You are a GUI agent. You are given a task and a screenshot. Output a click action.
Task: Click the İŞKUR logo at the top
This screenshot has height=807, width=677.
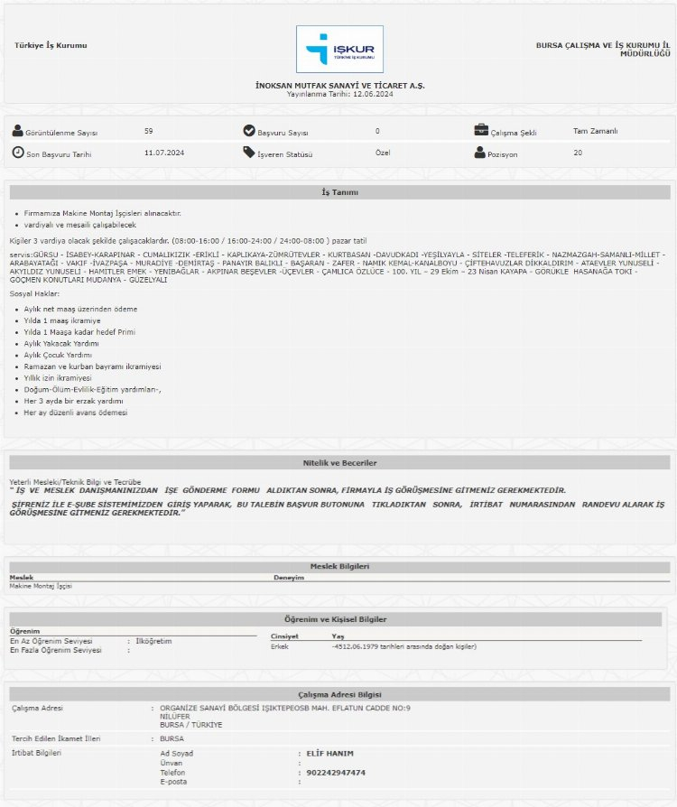[x=339, y=49]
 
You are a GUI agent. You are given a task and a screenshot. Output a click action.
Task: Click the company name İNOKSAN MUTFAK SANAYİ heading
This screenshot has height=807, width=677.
[x=339, y=85]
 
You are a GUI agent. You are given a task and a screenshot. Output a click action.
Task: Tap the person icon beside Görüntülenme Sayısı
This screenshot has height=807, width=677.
[x=17, y=131]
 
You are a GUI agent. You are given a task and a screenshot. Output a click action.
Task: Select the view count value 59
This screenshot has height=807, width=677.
[x=149, y=131]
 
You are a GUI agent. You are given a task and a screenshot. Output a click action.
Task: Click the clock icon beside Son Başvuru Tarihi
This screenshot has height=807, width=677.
[x=17, y=153]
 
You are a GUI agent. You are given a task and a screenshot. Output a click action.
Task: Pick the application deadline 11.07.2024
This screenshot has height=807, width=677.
[x=164, y=153]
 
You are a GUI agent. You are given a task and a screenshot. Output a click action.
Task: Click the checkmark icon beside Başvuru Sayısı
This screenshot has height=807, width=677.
[x=249, y=131]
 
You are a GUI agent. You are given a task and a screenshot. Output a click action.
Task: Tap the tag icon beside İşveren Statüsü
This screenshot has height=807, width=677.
[x=249, y=153]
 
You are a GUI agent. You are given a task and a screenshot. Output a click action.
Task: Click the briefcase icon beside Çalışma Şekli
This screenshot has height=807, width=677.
[x=481, y=131]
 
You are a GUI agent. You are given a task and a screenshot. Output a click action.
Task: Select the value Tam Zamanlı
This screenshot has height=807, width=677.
[x=596, y=131]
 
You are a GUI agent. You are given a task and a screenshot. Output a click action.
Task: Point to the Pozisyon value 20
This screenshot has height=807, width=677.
[x=578, y=153]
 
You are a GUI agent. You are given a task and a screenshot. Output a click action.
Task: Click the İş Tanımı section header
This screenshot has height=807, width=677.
[x=339, y=192]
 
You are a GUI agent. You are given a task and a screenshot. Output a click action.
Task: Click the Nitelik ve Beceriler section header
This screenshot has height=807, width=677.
[x=339, y=463]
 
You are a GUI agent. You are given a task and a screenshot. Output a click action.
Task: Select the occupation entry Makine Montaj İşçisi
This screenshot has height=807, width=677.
[x=41, y=586]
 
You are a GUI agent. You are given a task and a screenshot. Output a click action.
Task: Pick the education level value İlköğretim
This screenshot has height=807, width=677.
[x=153, y=641]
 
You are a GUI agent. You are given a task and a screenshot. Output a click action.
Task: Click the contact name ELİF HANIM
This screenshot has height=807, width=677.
[x=330, y=753]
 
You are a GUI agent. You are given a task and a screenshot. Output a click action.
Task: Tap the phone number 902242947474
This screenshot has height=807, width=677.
[x=336, y=773]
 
